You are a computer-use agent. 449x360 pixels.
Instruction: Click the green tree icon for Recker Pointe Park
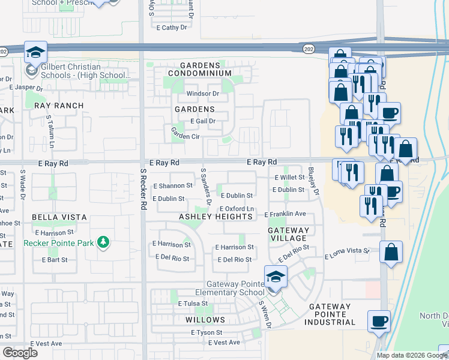point(104,242)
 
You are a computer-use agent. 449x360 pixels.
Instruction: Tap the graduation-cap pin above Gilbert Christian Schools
point(35,52)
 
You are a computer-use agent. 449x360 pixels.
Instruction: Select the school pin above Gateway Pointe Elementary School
point(276,277)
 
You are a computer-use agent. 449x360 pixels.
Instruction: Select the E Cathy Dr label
point(172,28)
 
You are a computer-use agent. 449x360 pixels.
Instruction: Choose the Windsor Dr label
point(202,94)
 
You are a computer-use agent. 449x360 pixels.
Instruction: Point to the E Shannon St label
point(173,186)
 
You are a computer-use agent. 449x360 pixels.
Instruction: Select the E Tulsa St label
point(192,304)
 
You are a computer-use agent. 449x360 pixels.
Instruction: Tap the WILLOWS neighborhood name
point(205,320)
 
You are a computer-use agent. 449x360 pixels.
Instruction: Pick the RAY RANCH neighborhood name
point(58,105)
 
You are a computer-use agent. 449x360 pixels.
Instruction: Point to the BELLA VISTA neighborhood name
point(61,217)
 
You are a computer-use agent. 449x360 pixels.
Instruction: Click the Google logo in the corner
point(20,353)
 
